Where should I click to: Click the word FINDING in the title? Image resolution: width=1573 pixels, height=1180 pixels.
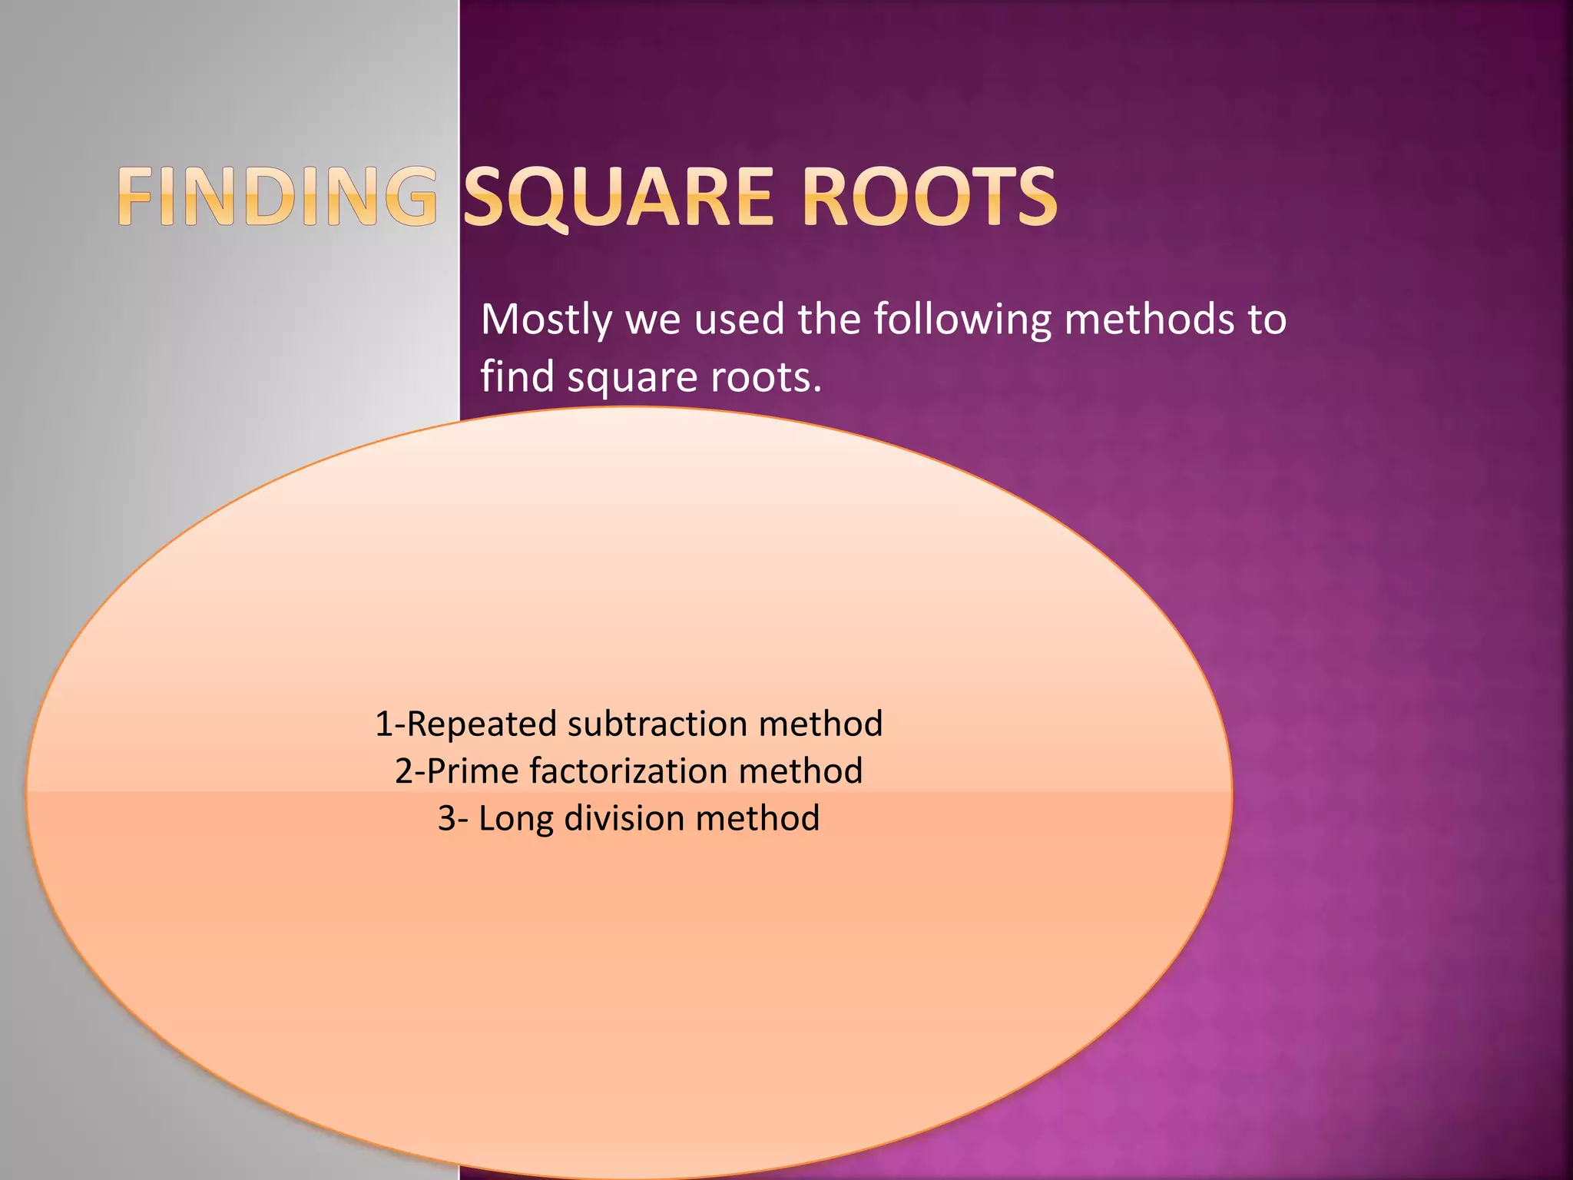pos(277,197)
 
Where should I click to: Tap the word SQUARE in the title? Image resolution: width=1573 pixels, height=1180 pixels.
pos(618,197)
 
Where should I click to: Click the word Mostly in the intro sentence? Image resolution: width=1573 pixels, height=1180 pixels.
pos(546,320)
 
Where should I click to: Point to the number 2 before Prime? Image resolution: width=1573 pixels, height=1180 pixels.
pos(404,771)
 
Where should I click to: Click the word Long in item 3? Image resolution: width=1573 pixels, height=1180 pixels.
pos(515,818)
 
